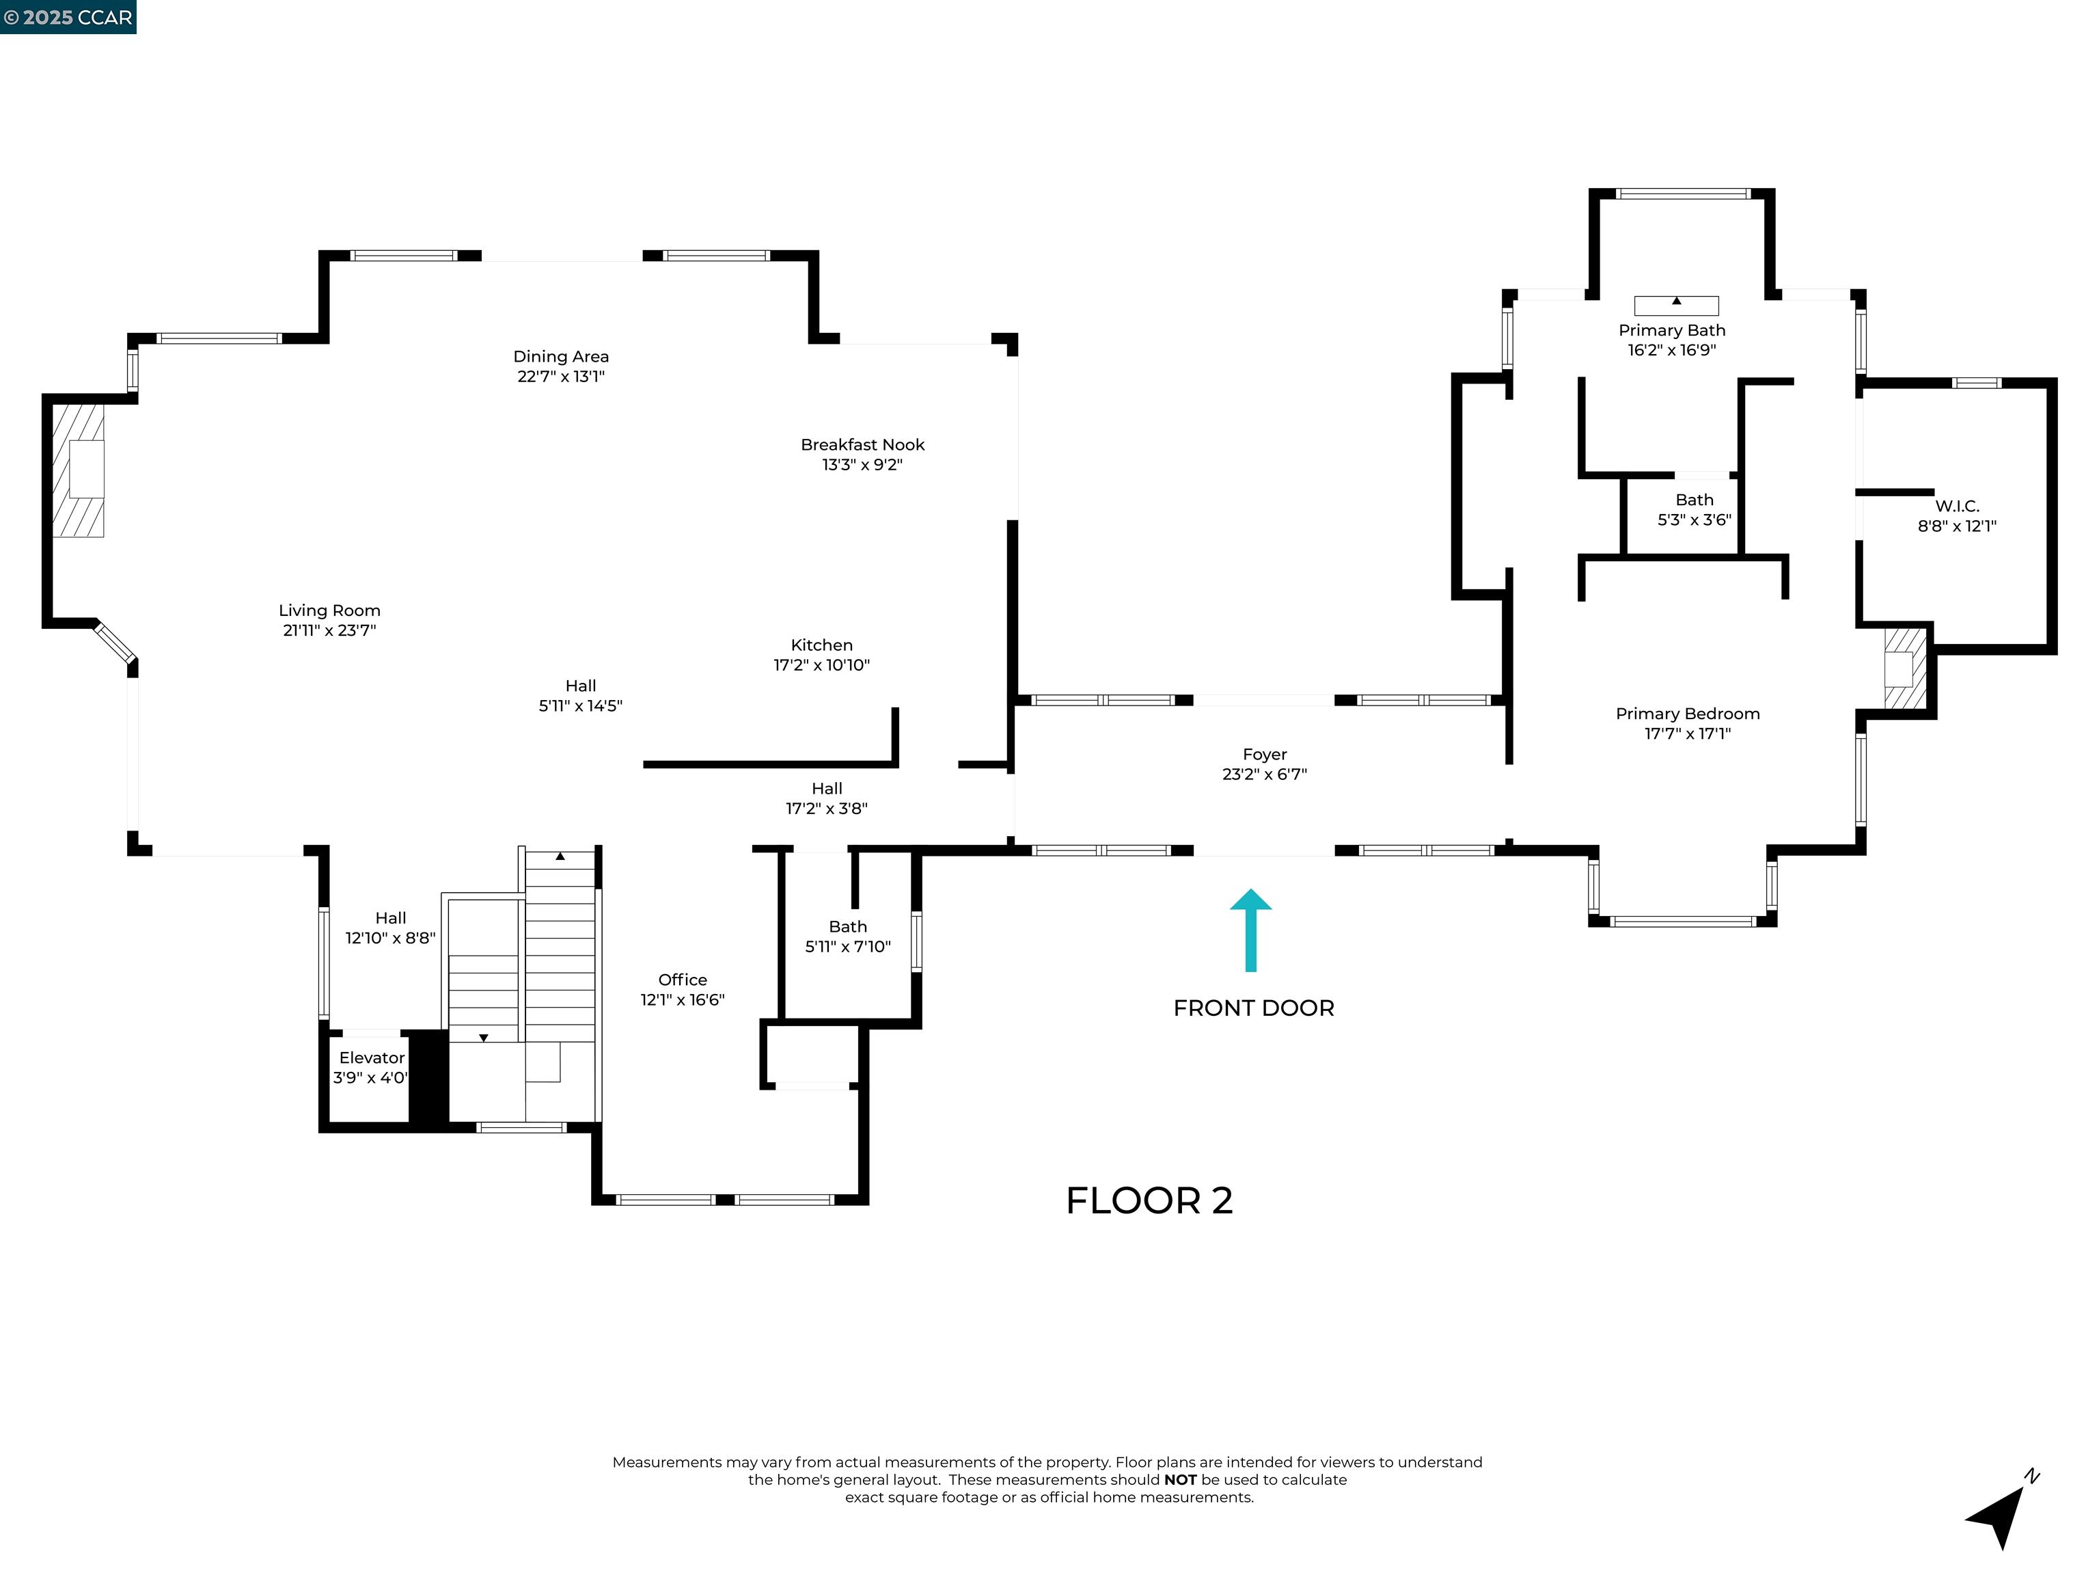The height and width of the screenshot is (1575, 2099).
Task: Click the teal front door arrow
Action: (x=1250, y=930)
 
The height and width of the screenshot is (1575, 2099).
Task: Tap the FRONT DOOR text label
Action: (x=1254, y=1008)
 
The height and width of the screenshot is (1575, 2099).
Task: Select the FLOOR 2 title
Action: (x=1149, y=1201)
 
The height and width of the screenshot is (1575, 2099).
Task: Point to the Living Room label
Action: (x=329, y=610)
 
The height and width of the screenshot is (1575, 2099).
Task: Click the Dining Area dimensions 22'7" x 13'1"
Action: (x=561, y=376)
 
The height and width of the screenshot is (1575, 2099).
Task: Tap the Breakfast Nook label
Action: (x=862, y=444)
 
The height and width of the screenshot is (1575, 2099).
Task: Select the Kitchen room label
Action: (x=822, y=645)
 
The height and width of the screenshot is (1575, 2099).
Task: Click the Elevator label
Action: (x=372, y=1058)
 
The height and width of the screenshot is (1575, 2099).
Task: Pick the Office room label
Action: (x=683, y=980)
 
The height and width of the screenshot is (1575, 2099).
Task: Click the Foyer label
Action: (x=1265, y=755)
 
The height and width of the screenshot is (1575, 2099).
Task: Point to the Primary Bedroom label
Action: (x=1687, y=714)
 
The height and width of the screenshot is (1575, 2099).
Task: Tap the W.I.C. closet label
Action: (x=1957, y=506)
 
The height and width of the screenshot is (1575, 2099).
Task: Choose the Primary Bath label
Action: (x=1672, y=330)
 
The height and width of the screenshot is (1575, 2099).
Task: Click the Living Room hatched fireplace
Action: (x=78, y=470)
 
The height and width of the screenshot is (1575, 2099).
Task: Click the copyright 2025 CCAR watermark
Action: (x=68, y=17)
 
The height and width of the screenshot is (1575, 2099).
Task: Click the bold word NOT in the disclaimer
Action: (x=1181, y=1480)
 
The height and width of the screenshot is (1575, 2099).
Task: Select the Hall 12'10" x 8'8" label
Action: (x=390, y=928)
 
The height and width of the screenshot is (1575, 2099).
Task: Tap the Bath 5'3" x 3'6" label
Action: (x=1694, y=510)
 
